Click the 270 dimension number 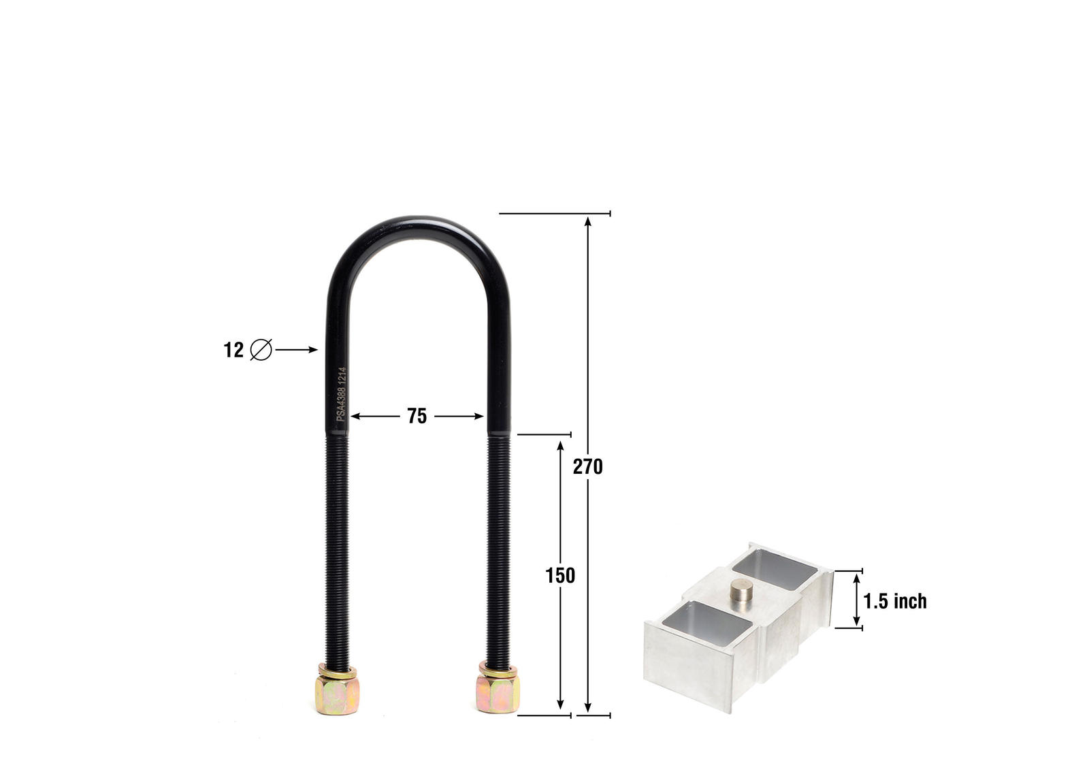(x=587, y=467)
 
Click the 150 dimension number (x=560, y=576)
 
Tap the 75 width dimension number (x=417, y=416)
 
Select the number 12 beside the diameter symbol (x=233, y=351)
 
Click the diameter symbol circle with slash (x=261, y=350)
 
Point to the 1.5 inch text (x=895, y=601)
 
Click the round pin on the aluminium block (x=741, y=590)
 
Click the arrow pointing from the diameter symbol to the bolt (x=297, y=350)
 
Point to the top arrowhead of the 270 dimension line (x=588, y=220)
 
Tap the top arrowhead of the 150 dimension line (x=560, y=444)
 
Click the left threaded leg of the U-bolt (x=338, y=545)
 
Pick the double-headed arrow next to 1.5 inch (x=856, y=599)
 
